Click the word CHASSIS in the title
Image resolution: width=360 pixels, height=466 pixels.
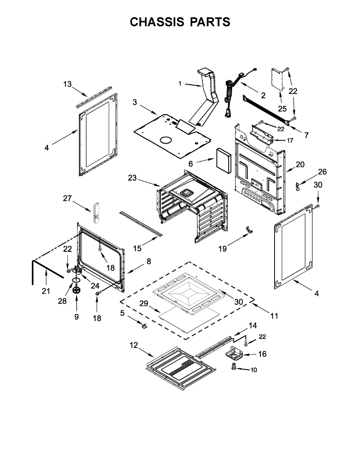[x=157, y=22]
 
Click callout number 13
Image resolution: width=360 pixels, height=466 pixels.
[x=68, y=84]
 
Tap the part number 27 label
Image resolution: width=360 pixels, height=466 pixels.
[x=68, y=198]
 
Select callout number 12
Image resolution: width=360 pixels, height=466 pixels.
[x=134, y=345]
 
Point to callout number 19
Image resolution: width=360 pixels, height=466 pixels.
[x=222, y=249]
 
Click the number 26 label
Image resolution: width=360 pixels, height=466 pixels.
[x=322, y=172]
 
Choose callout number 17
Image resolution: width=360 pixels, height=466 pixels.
[x=290, y=141]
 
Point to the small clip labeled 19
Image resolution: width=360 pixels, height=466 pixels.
[x=247, y=230]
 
